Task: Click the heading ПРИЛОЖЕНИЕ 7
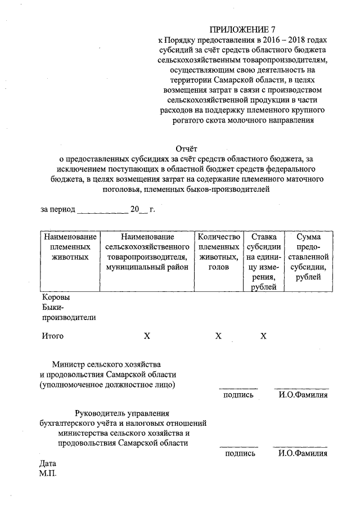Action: pos(243,28)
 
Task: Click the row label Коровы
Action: pos(56,297)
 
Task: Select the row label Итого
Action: pos(53,336)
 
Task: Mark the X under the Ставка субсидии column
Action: pos(263,336)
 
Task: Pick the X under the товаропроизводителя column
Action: pos(147,336)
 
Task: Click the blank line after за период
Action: pos(102,210)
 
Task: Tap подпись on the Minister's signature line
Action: pos(238,395)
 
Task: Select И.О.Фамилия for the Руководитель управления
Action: pos(302,453)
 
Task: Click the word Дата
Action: pos(49,464)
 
